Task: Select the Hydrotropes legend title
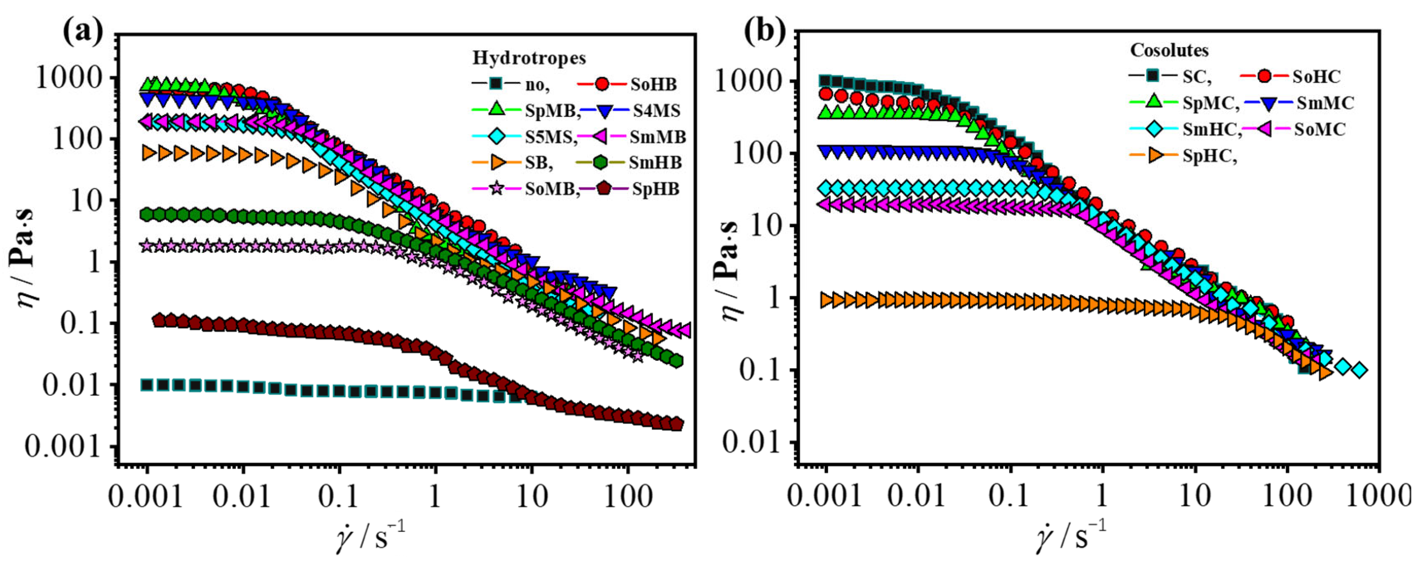point(529,58)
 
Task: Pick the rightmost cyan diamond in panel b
point(1360,370)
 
